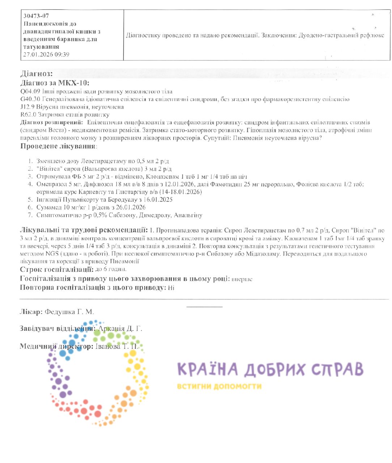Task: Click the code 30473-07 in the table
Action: tap(36, 16)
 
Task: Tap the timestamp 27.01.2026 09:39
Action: tap(46, 55)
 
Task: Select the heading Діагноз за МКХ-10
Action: tap(55, 83)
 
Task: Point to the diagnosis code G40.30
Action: tap(30, 99)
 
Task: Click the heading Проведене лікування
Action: tap(58, 146)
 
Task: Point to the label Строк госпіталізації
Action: tap(56, 269)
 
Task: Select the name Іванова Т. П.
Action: tap(117, 347)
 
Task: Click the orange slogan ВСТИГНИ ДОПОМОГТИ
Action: tap(219, 386)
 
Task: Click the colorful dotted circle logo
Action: tap(98, 373)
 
